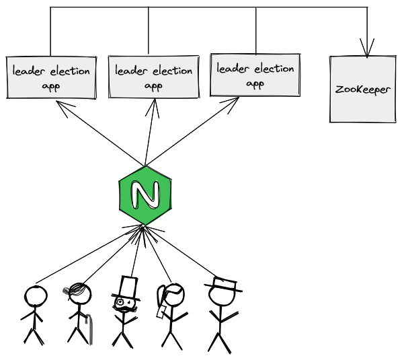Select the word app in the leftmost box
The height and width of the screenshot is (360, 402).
click(51, 87)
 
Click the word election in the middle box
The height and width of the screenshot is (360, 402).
click(171, 71)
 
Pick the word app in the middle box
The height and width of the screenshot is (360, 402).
click(153, 85)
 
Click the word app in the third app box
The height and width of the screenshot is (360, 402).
click(255, 84)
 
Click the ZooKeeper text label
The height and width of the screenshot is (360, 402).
click(363, 89)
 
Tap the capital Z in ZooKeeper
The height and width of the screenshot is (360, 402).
click(339, 89)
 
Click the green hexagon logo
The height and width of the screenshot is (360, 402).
click(145, 196)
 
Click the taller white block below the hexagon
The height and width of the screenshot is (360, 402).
click(128, 287)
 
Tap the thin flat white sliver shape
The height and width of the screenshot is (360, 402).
click(225, 283)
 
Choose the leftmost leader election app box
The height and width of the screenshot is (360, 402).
click(51, 77)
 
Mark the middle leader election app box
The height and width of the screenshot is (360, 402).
click(153, 76)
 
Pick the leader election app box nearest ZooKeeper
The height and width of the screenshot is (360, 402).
click(255, 75)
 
